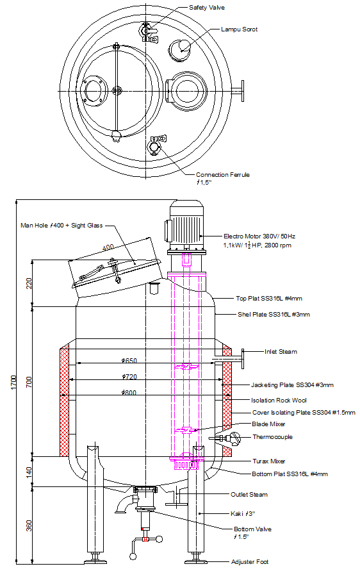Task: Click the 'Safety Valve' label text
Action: click(x=206, y=8)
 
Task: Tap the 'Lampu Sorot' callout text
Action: click(x=239, y=29)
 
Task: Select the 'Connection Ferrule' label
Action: click(x=222, y=175)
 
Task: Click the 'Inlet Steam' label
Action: click(x=281, y=352)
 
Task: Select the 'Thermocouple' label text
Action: click(x=272, y=437)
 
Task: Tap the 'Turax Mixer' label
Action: click(x=270, y=461)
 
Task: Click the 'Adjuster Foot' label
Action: click(x=250, y=562)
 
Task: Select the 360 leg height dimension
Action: click(x=28, y=525)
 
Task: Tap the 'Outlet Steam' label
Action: click(x=249, y=495)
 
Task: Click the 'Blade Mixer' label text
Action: click(x=269, y=424)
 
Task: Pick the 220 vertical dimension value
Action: click(x=28, y=283)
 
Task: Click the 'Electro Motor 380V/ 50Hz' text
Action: click(x=259, y=236)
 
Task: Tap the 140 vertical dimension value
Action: click(x=28, y=471)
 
